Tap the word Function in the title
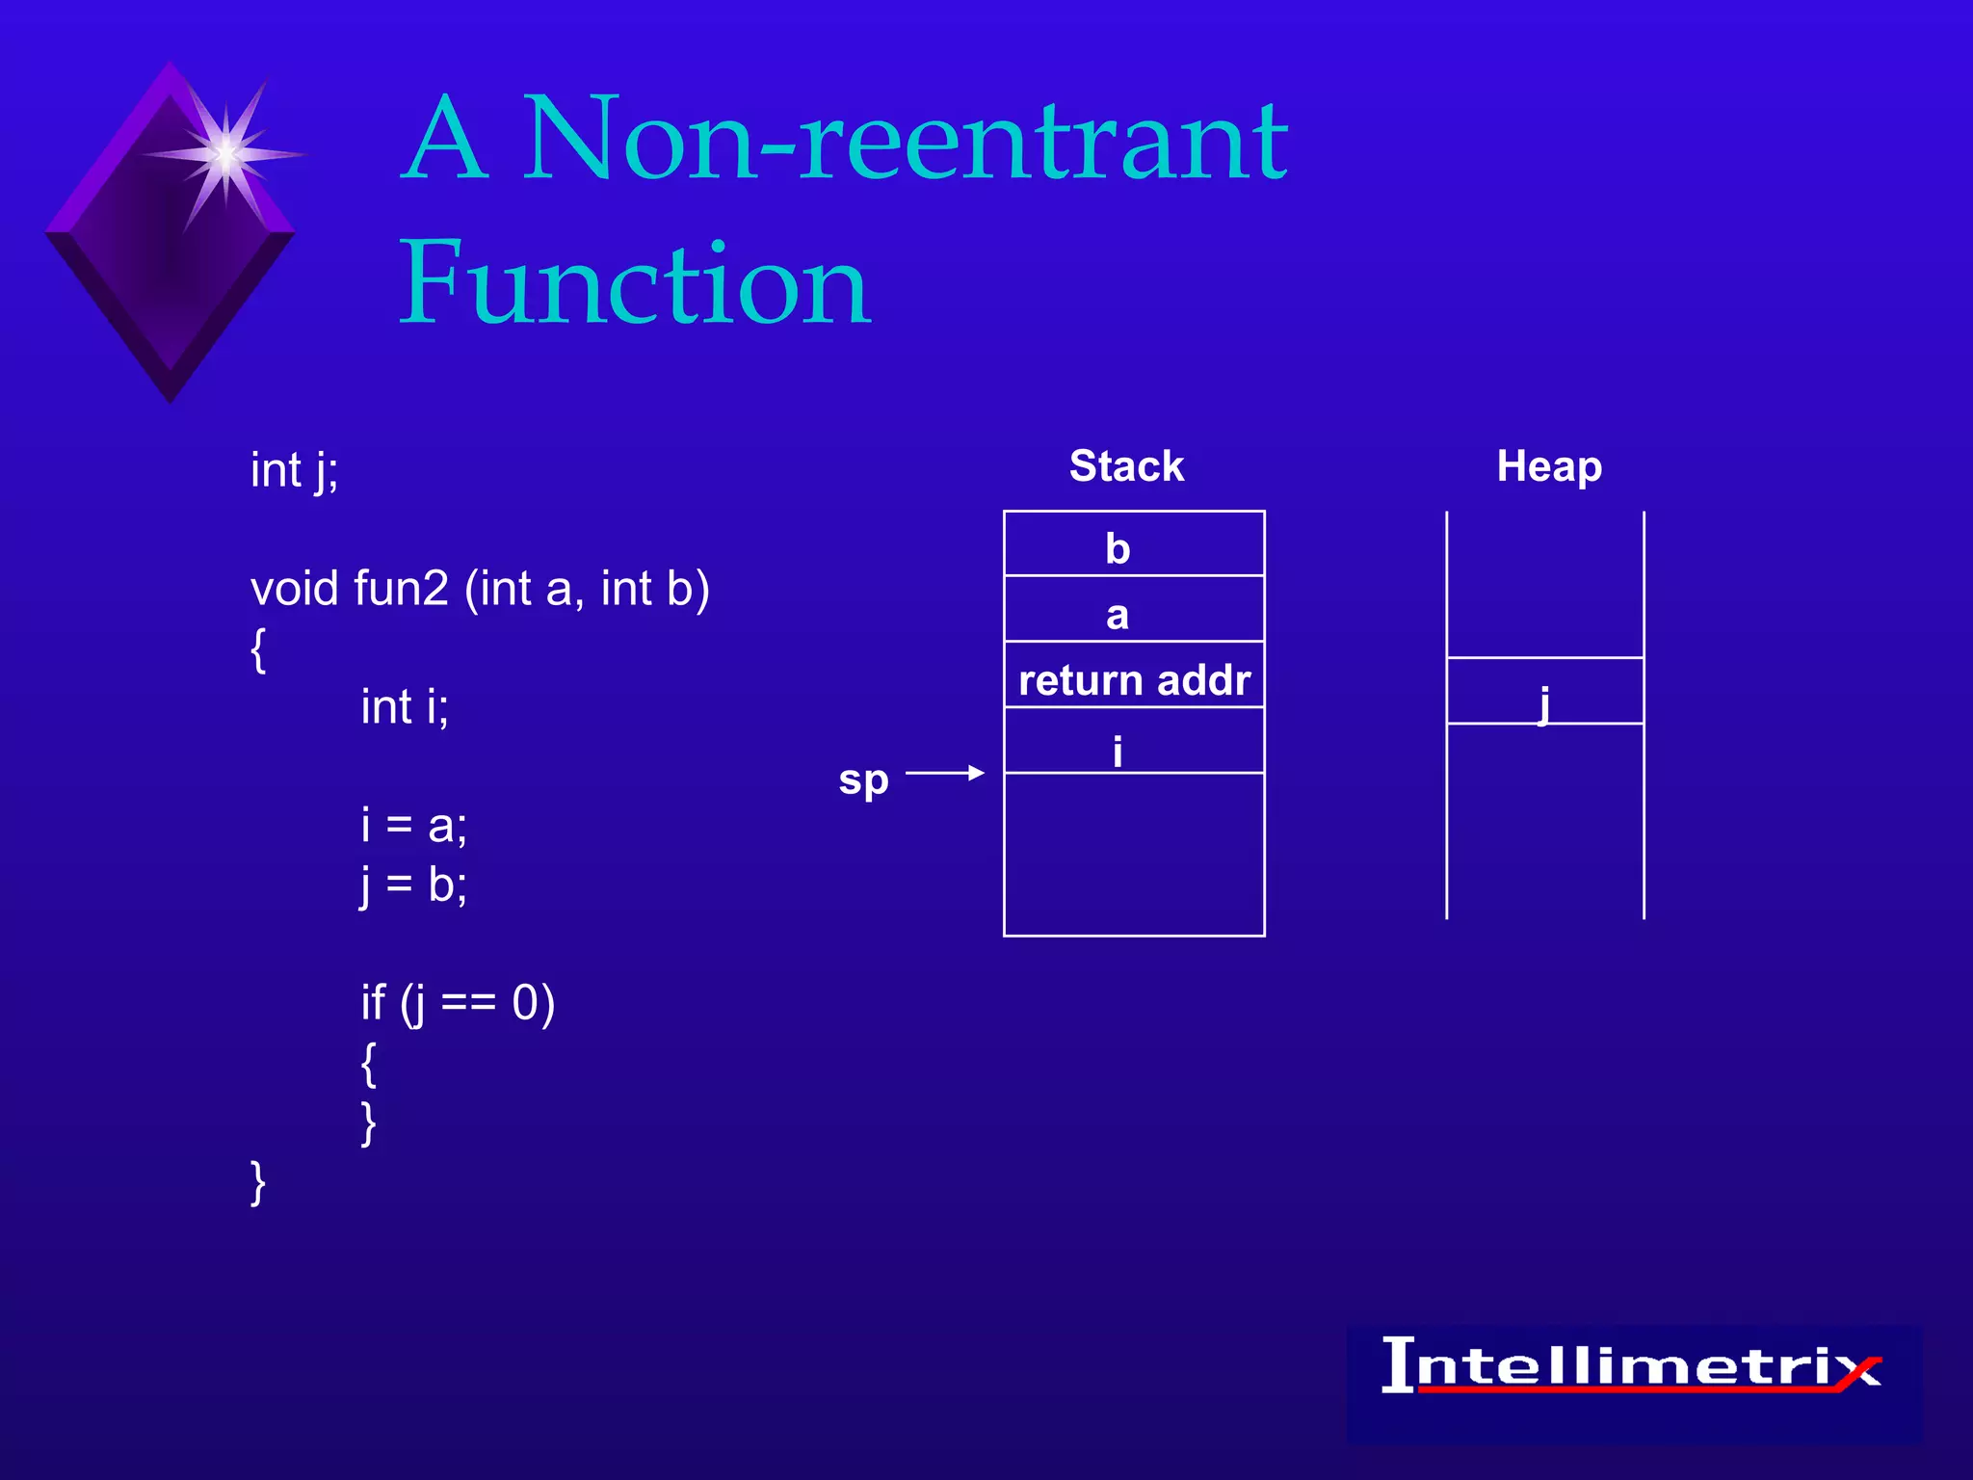636,284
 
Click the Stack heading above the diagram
1126,466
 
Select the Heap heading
1549,466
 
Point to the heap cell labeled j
1544,692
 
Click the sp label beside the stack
863,779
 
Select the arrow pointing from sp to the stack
944,773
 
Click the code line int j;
295,471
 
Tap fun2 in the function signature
401,588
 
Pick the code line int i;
405,707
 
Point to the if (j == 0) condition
458,1003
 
